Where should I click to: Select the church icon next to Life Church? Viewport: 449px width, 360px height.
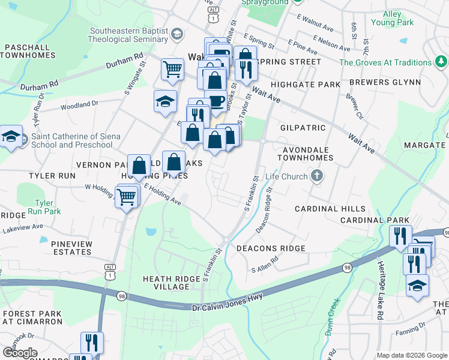click(x=318, y=176)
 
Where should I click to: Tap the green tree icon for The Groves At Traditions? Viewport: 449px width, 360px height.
click(x=441, y=62)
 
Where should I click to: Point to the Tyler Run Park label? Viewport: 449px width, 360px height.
click(x=47, y=207)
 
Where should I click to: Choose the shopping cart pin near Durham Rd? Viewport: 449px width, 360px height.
click(x=172, y=68)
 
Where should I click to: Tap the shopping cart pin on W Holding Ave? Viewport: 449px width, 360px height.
click(x=126, y=196)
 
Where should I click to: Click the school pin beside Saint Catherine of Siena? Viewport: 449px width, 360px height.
click(x=11, y=137)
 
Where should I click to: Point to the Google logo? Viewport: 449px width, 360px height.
click(x=19, y=353)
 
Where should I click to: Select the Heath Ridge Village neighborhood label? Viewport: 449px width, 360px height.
click(x=174, y=283)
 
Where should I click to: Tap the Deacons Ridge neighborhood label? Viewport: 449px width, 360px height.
click(x=271, y=248)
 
